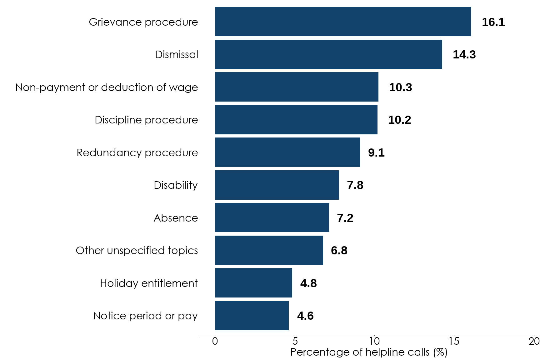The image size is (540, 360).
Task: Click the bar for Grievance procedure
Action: (343, 22)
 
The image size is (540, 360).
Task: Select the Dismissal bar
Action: (328, 54)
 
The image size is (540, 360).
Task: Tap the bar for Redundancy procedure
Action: (287, 152)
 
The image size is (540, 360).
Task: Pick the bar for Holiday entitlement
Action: (253, 283)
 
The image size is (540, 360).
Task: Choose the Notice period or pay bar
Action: (252, 316)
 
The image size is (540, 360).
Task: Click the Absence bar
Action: (272, 217)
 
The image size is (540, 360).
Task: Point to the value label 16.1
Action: (493, 22)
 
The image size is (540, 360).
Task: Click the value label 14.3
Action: (464, 55)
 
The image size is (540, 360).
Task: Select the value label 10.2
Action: (399, 120)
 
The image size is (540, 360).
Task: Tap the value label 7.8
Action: (355, 185)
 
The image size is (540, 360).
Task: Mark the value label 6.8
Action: (339, 251)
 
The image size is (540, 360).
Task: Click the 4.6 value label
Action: (305, 316)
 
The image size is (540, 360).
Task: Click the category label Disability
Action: (176, 185)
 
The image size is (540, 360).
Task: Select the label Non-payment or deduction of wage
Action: (107, 87)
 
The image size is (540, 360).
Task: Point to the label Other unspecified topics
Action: (137, 251)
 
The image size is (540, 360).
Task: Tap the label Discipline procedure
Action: (146, 120)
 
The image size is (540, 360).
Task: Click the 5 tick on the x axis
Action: (295, 341)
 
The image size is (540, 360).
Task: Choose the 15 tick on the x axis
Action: (454, 341)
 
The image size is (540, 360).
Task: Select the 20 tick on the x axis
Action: (534, 341)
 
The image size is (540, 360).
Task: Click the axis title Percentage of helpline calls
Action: (369, 352)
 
